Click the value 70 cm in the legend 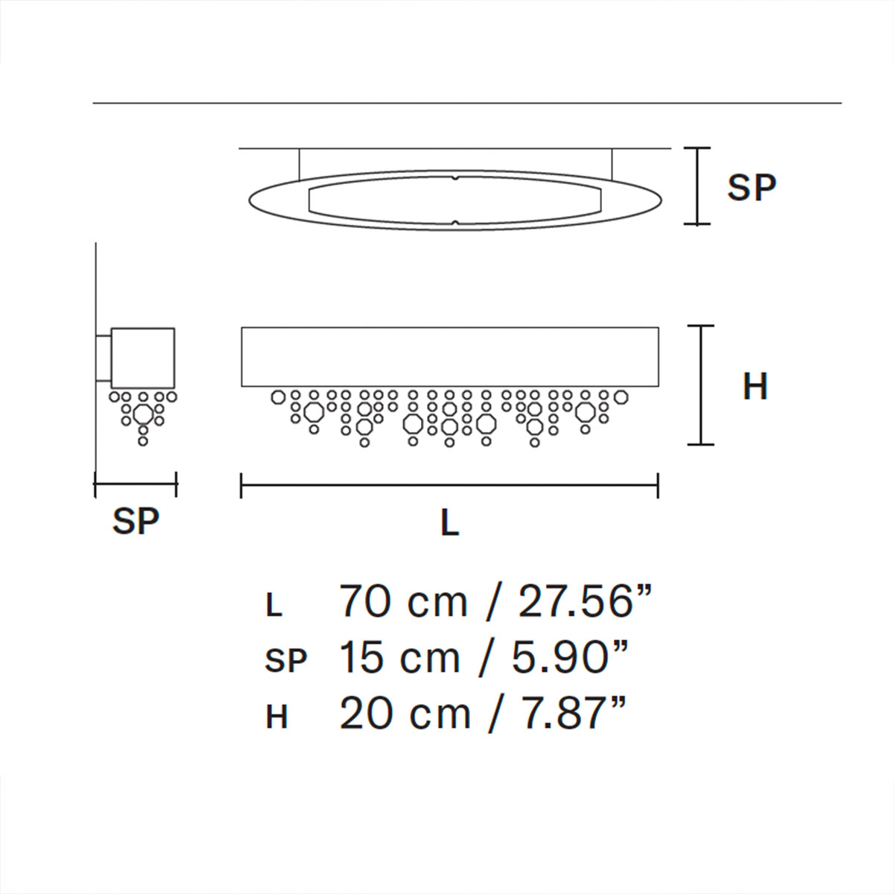(x=403, y=602)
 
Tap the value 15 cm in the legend (x=400, y=659)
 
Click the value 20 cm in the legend (x=405, y=714)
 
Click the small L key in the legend (x=274, y=606)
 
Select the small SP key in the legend (x=286, y=661)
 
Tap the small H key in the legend (x=276, y=718)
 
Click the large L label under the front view (x=449, y=524)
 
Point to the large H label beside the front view (x=755, y=387)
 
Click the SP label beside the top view (x=751, y=187)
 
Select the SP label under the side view (x=136, y=521)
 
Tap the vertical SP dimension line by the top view (x=697, y=186)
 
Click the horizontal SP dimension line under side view (x=136, y=485)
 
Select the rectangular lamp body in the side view (x=142, y=357)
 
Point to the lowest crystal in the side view (x=142, y=442)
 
